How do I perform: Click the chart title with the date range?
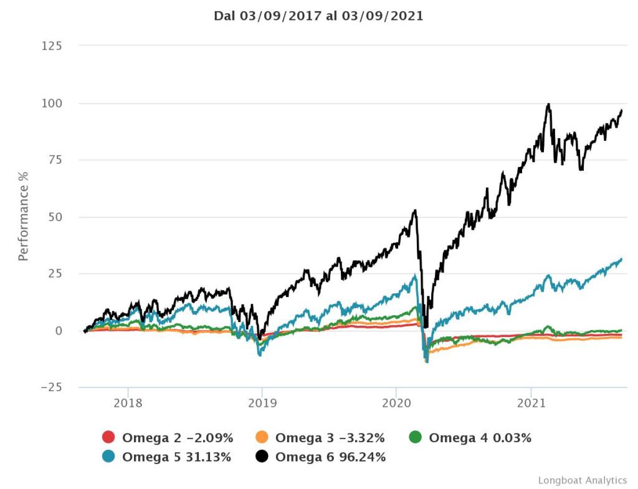click(x=318, y=16)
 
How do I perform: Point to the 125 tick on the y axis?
click(x=52, y=46)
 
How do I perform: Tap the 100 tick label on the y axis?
click(x=52, y=103)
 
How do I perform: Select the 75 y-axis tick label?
click(x=55, y=160)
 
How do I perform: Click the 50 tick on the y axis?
click(x=55, y=217)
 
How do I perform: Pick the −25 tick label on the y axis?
click(x=51, y=387)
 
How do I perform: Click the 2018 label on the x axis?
click(x=128, y=402)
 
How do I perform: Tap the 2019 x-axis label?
click(x=262, y=402)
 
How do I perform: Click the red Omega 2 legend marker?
click(x=108, y=438)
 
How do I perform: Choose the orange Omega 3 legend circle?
click(x=262, y=438)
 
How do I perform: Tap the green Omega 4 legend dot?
click(x=416, y=438)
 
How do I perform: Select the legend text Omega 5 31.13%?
click(x=176, y=457)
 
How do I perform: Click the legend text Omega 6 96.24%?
click(x=330, y=457)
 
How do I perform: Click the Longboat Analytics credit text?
click(x=582, y=480)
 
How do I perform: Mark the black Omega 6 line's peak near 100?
click(x=548, y=104)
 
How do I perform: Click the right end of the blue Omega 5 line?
click(x=622, y=259)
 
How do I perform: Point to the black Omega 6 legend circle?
click(x=262, y=457)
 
